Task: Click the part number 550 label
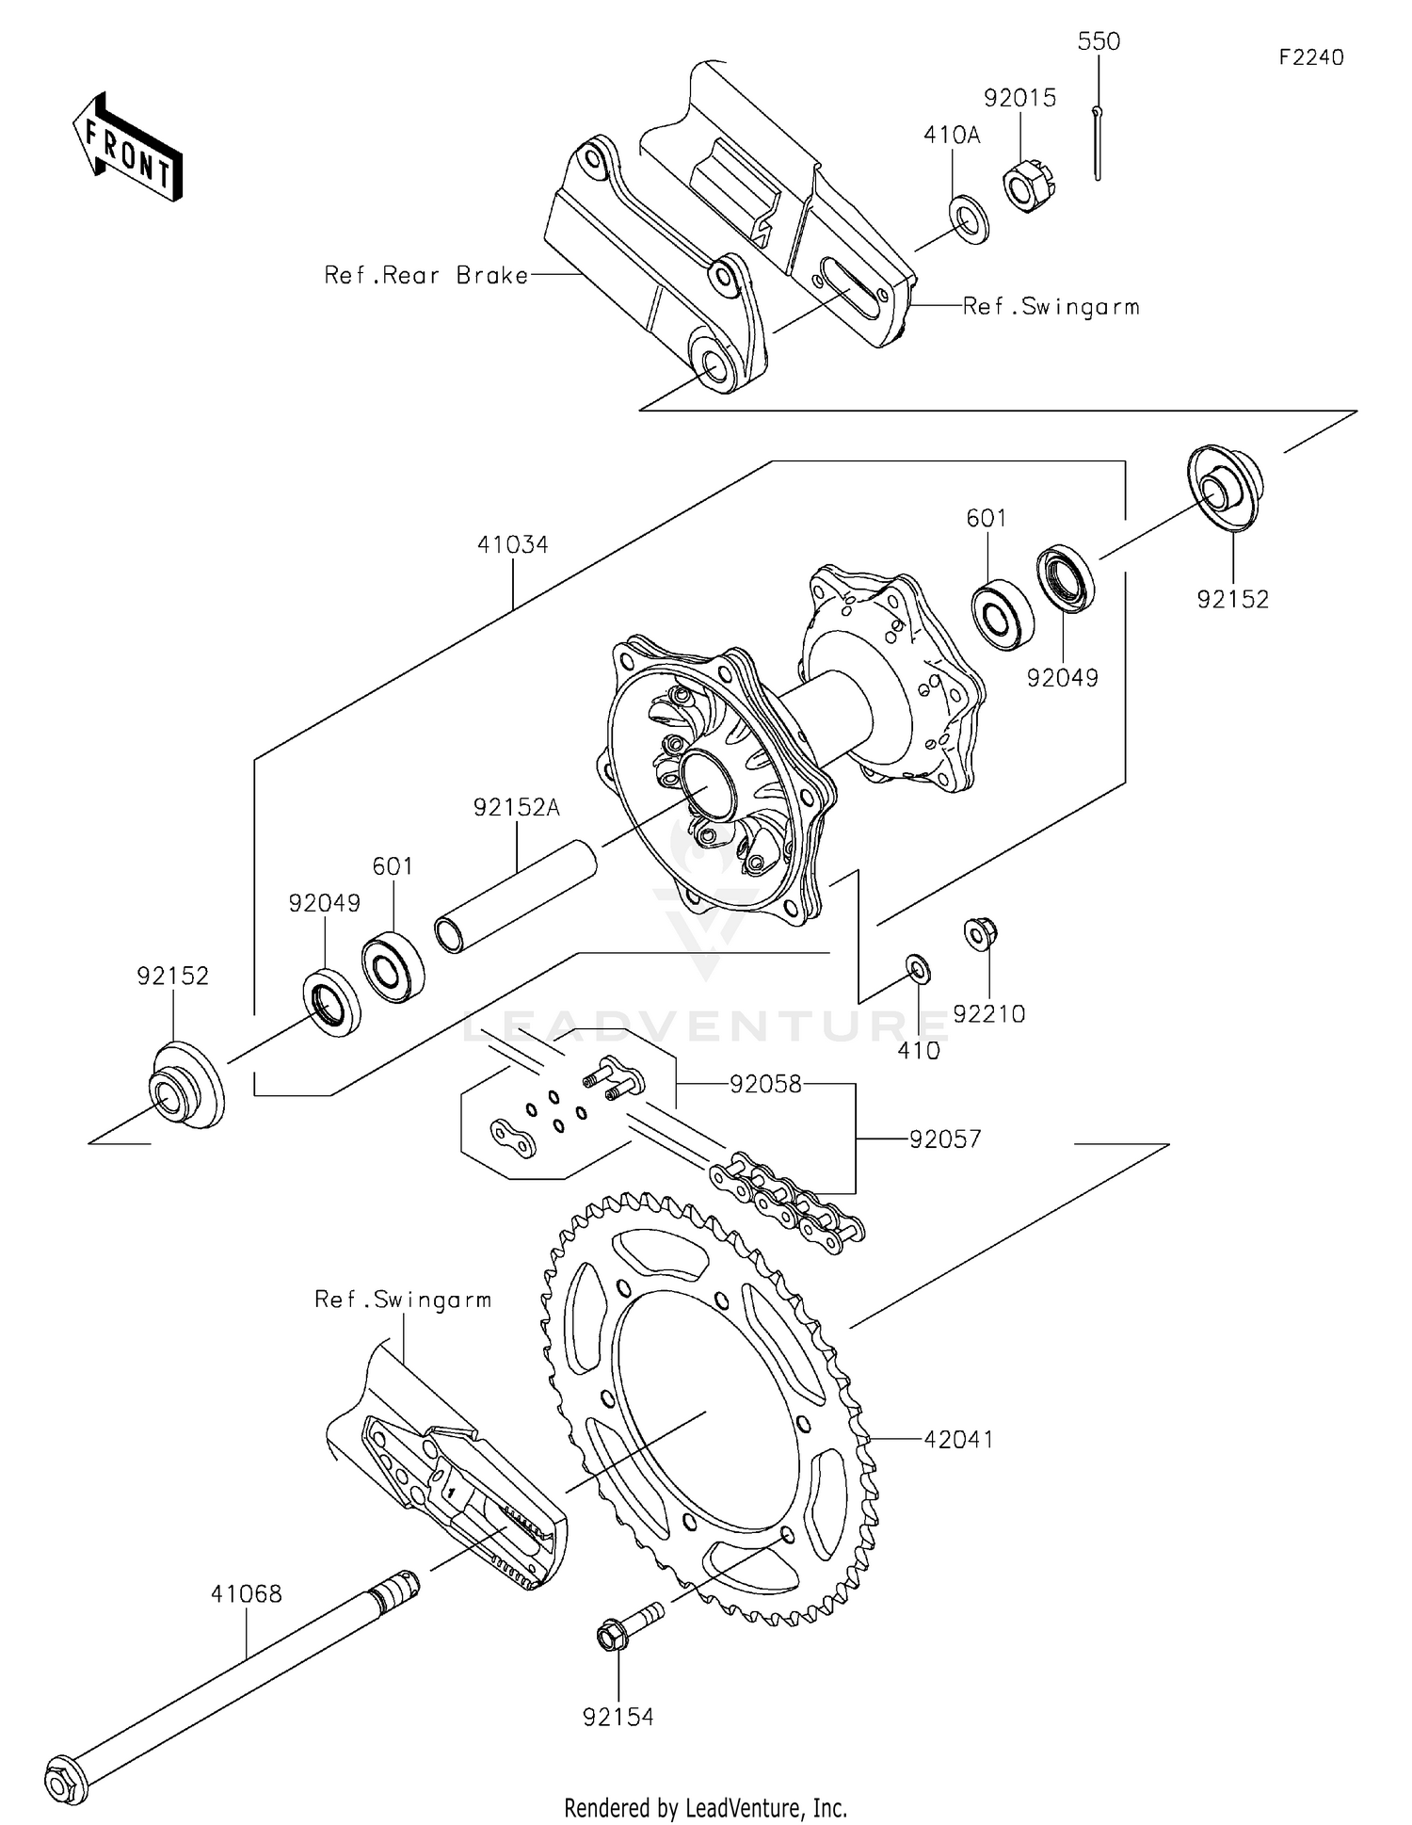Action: coord(1099,41)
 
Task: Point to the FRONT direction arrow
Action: coord(128,148)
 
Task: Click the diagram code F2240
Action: coord(1311,57)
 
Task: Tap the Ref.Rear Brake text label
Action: coord(425,275)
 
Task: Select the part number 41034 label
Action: coord(512,544)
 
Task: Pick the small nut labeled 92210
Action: coord(980,932)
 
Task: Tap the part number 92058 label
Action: coord(765,1084)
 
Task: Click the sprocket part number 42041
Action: coord(958,1439)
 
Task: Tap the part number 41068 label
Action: coord(246,1594)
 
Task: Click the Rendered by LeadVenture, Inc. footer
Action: coord(705,1808)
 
